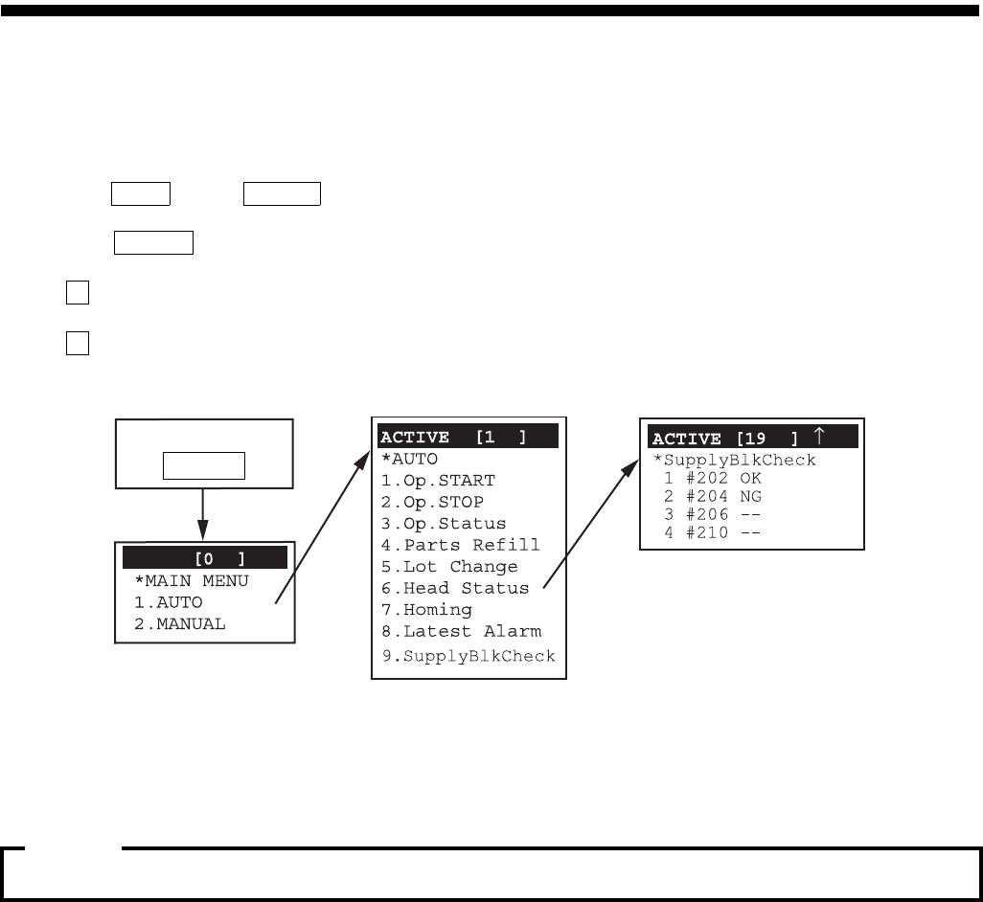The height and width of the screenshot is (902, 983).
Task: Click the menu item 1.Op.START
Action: click(438, 481)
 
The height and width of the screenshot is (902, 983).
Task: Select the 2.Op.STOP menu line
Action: click(432, 502)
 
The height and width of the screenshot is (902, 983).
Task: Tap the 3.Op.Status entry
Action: click(444, 524)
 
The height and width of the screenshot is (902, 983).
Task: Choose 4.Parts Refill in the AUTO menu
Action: click(460, 545)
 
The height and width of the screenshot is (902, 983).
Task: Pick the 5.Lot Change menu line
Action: click(449, 567)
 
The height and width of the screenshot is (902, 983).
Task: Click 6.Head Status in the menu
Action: click(454, 588)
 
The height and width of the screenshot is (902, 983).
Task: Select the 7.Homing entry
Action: click(426, 610)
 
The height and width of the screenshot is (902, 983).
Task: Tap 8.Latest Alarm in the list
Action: click(461, 631)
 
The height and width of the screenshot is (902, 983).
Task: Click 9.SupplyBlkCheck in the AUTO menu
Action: click(468, 656)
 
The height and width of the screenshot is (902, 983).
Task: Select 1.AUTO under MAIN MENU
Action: click(169, 602)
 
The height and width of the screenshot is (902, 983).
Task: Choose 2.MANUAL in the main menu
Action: click(180, 623)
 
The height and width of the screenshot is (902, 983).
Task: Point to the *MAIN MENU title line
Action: click(191, 580)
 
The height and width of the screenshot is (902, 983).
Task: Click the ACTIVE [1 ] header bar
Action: click(468, 438)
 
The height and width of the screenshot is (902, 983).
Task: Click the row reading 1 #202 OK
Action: click(713, 478)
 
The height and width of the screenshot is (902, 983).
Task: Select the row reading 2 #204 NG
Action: click(713, 496)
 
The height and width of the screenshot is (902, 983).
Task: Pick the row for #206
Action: click(713, 514)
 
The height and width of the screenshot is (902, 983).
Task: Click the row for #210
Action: click(713, 532)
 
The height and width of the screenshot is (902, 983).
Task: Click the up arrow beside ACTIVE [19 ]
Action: click(819, 438)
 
